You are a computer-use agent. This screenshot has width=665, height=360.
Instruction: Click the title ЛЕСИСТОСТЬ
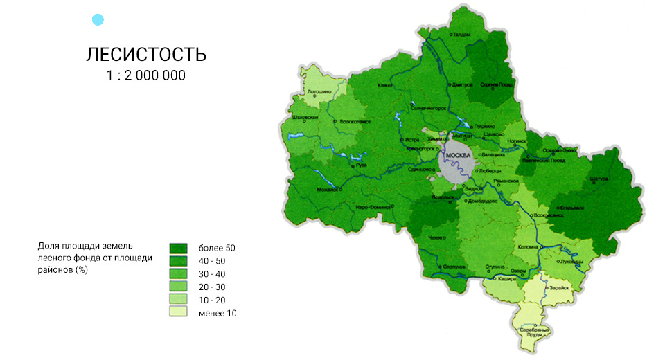[146, 55]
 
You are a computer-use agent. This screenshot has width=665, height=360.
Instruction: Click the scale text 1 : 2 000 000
[146, 75]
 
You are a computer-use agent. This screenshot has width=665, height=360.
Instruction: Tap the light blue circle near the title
[98, 19]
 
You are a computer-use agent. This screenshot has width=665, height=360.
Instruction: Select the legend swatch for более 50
[178, 248]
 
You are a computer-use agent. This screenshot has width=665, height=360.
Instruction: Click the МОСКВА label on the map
[459, 154]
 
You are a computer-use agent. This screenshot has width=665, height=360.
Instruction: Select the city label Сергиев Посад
[498, 84]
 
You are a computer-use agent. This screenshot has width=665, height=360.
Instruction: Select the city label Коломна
[528, 247]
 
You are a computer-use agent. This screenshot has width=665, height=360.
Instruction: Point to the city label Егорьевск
[571, 206]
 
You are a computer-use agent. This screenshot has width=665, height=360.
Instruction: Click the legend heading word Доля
[49, 246]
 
